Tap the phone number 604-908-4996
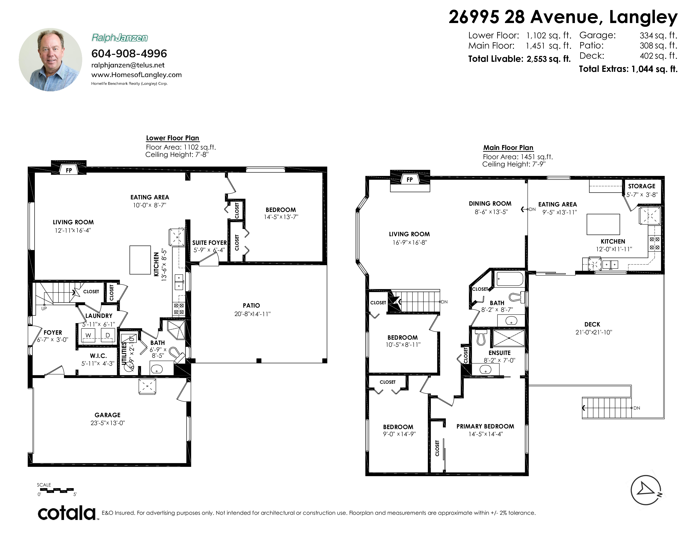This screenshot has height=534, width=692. (x=129, y=53)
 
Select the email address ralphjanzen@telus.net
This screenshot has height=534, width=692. (x=128, y=65)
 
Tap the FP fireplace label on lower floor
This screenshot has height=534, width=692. (x=69, y=170)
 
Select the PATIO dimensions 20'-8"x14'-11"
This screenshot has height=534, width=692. (x=252, y=314)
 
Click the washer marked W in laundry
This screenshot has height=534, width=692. (x=88, y=335)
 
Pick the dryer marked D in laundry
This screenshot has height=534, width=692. (x=108, y=335)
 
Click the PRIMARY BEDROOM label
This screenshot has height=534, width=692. (x=485, y=426)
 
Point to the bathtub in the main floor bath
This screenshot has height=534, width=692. (x=510, y=279)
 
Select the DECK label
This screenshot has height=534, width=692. (x=592, y=324)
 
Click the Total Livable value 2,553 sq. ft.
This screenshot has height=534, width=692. (x=549, y=59)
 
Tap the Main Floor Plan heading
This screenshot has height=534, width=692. (x=508, y=147)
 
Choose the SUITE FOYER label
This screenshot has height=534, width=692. (x=209, y=243)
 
